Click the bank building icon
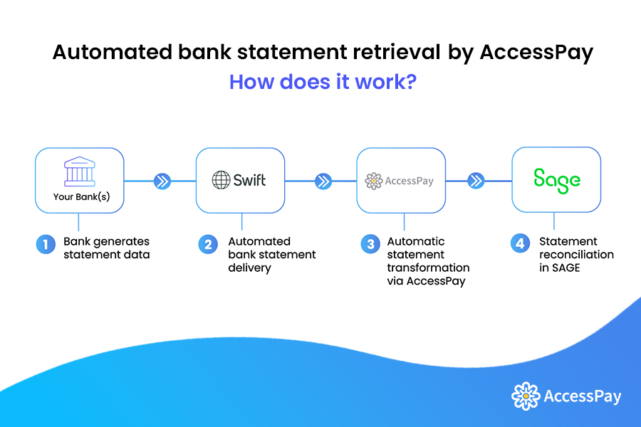click(x=79, y=173)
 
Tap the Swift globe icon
click(x=221, y=180)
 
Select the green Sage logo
click(x=557, y=180)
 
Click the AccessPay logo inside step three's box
click(x=399, y=181)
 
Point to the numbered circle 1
click(x=46, y=245)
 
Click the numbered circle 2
click(x=208, y=245)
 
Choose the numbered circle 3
click(x=369, y=245)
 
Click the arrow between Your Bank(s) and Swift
click(x=162, y=181)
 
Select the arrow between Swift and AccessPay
click(x=323, y=181)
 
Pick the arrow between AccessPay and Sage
click(x=476, y=181)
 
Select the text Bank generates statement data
click(x=107, y=248)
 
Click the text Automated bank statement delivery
click(x=271, y=254)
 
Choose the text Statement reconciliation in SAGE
click(x=575, y=254)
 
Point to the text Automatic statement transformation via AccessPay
click(x=428, y=260)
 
